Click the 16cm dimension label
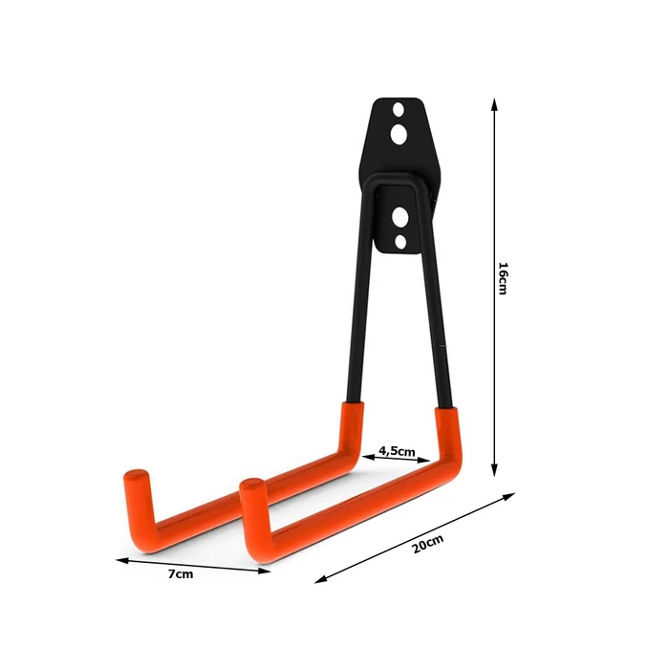503,279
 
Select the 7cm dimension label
181,574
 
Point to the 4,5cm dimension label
397,450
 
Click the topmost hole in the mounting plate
399,109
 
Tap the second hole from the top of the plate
399,135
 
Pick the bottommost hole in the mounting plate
400,243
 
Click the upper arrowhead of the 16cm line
494,104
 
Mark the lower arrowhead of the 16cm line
494,470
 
